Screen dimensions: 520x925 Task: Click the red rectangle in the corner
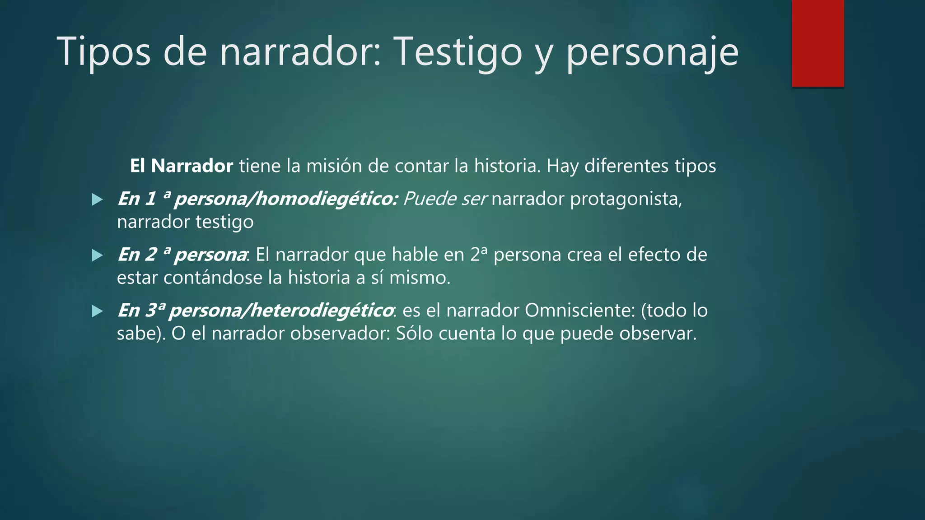tap(818, 43)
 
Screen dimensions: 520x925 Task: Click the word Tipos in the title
tap(103, 52)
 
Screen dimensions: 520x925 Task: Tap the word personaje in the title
tap(652, 52)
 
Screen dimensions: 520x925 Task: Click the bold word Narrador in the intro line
tap(192, 166)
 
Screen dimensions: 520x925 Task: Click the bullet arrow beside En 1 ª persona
tap(97, 200)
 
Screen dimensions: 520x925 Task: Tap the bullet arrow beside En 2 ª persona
tap(97, 255)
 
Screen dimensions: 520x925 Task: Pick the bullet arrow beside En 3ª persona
tap(97, 311)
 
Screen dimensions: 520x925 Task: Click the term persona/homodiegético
tap(286, 199)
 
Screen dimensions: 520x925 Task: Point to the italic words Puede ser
tap(444, 199)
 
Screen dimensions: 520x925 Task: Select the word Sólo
tap(414, 334)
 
